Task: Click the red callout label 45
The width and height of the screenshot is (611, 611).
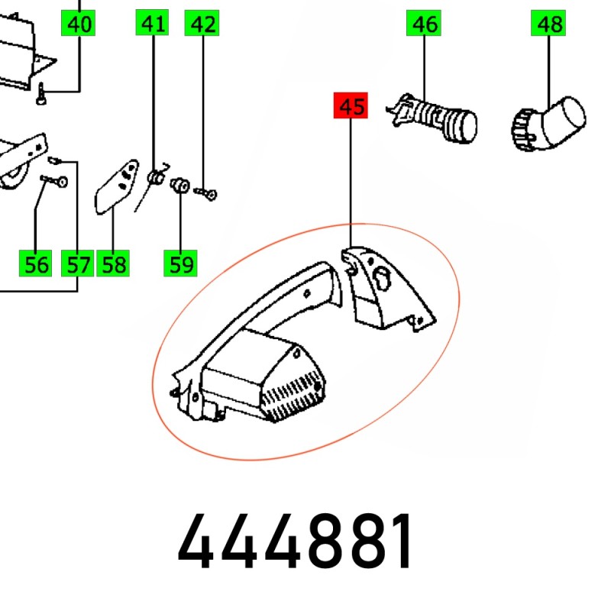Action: point(351,105)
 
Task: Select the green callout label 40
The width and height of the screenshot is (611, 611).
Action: point(78,24)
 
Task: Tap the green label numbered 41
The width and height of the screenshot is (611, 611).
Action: point(152,23)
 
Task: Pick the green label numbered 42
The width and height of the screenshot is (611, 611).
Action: point(202,24)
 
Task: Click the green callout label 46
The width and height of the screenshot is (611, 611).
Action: point(424,24)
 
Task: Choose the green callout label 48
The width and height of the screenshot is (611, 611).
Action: point(548,24)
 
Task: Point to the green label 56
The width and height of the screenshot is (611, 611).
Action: point(35,263)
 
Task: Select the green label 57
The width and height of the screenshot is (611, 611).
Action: point(78,263)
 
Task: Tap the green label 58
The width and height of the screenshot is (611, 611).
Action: point(113,263)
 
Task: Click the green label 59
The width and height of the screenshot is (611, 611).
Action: point(180,263)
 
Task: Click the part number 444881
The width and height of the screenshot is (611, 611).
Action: point(295,541)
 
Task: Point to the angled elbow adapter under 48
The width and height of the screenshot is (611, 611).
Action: point(548,124)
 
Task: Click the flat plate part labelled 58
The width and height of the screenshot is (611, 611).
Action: point(117,186)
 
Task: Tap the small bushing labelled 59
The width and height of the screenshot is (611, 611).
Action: point(180,185)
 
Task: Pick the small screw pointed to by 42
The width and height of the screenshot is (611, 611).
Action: point(205,193)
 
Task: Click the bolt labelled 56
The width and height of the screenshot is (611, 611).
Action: point(54,181)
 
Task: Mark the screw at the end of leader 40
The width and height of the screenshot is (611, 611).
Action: point(41,93)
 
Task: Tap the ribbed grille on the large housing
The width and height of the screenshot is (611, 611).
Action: point(293,396)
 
